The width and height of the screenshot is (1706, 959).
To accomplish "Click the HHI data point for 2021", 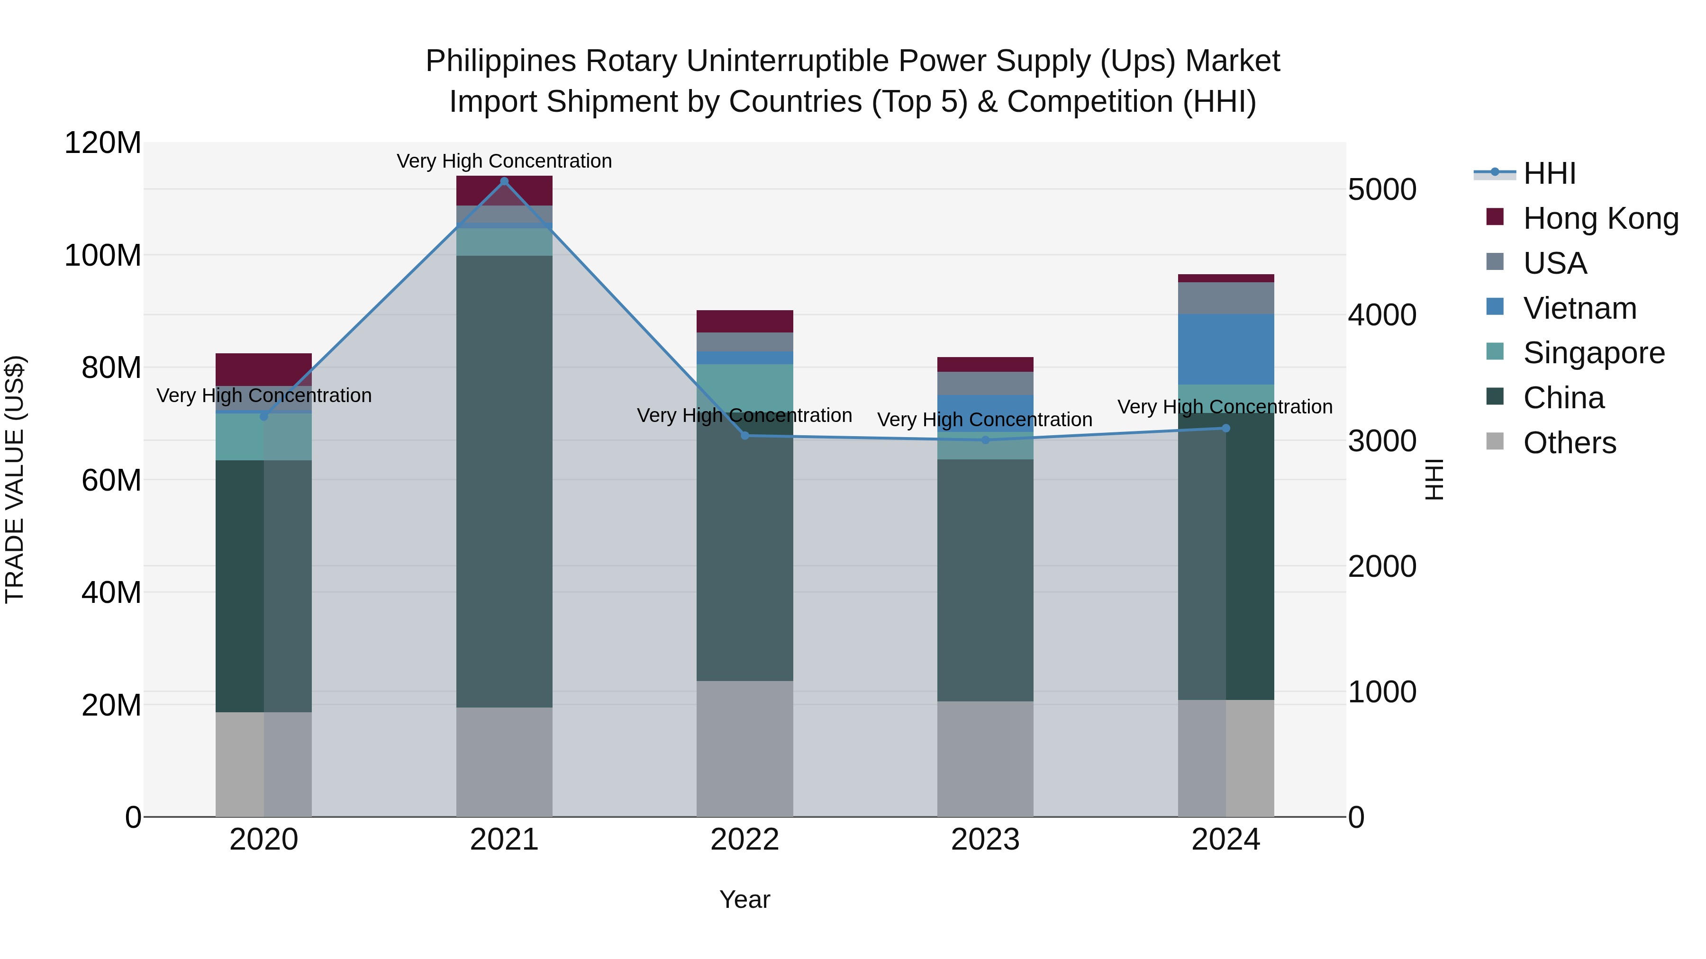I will [504, 181].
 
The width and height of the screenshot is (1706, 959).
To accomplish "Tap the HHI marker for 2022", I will [744, 436].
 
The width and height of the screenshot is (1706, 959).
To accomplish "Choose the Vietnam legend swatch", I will [1495, 307].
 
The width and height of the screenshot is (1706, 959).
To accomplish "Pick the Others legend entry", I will [1569, 443].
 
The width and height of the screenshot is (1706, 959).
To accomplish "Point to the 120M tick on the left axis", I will [103, 143].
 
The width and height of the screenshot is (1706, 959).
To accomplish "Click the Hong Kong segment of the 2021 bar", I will [504, 190].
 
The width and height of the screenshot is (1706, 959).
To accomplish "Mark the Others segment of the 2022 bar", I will [744, 748].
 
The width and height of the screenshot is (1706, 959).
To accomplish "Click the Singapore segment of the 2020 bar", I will [263, 437].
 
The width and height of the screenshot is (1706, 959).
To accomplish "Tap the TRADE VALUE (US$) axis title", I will [15, 479].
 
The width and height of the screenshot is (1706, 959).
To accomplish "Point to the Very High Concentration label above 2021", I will [504, 161].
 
